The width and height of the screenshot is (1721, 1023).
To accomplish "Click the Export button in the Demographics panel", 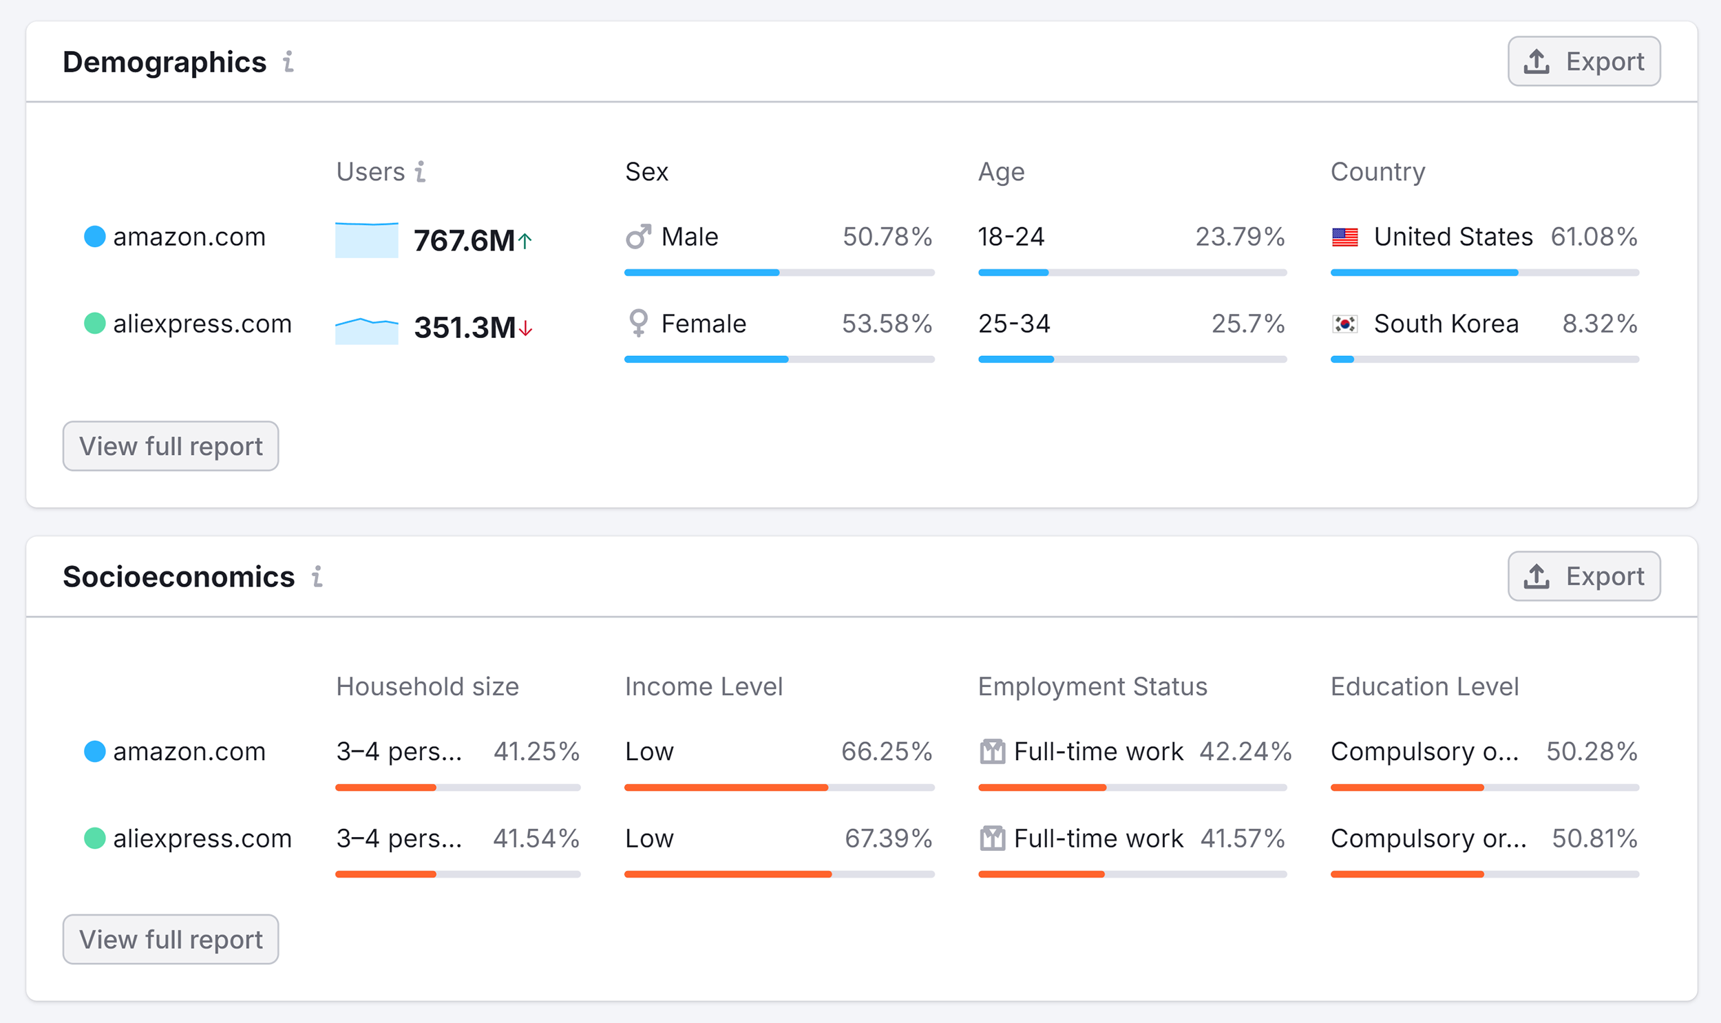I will coord(1583,61).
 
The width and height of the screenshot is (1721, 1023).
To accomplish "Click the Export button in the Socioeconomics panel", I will coord(1583,576).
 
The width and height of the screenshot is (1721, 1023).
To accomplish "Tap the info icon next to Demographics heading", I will coord(289,62).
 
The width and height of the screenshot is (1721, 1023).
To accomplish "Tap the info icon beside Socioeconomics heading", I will coord(317,576).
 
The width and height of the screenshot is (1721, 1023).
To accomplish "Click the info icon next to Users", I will coord(420,171).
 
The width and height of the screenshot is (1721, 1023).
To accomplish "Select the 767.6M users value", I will coord(464,240).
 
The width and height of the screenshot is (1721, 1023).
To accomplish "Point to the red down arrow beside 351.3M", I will coord(526,328).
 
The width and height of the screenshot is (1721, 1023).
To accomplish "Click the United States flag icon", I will coord(1344,237).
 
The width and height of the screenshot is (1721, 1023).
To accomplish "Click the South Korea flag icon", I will coord(1344,324).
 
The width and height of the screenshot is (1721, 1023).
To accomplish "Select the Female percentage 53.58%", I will coord(887,324).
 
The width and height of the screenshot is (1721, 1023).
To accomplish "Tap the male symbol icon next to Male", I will coord(637,237).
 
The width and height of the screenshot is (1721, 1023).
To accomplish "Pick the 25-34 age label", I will coord(1014,324).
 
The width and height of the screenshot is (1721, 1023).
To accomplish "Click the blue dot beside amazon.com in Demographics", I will coord(94,236).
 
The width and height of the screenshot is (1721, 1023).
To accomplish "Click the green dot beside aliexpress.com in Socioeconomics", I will coord(94,839).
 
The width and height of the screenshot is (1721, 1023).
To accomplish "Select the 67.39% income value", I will coord(888,839).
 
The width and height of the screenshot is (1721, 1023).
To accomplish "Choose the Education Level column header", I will coord(1424,686).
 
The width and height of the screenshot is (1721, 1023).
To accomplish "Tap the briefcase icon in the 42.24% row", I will coord(992,751).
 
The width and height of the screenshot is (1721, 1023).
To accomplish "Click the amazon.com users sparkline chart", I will coord(366,240).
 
